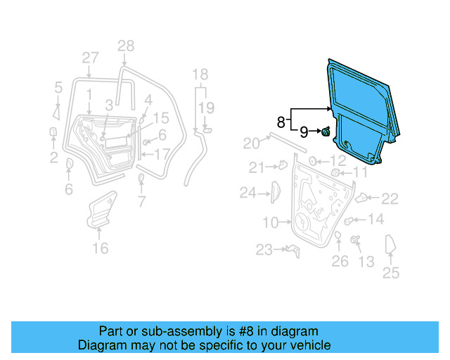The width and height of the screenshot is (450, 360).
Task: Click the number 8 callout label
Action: (x=281, y=122)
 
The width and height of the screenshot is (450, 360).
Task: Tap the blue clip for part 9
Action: (x=327, y=131)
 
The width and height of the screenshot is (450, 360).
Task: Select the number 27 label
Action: (x=90, y=58)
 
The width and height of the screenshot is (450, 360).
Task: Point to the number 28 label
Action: (x=125, y=46)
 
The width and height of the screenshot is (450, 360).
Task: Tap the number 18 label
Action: (x=200, y=75)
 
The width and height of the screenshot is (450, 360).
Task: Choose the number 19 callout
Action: (x=205, y=108)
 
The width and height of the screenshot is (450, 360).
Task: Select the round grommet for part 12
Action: (x=313, y=161)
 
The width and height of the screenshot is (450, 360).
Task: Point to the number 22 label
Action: (x=390, y=198)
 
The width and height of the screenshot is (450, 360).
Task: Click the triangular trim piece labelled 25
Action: (x=390, y=247)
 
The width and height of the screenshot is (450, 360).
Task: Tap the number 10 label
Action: (x=271, y=223)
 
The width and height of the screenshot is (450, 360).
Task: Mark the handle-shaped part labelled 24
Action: (x=274, y=192)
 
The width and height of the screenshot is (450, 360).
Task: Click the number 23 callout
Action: (x=264, y=249)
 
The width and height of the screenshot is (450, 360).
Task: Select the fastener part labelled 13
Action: (x=354, y=241)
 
